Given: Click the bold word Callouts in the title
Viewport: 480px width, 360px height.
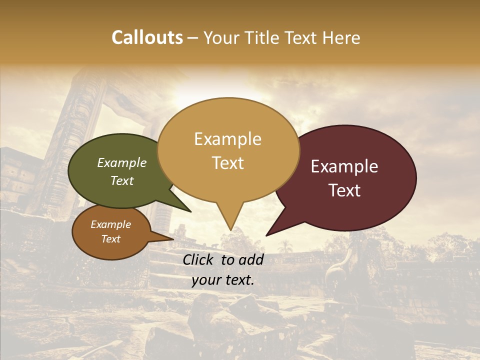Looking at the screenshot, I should coord(147,37).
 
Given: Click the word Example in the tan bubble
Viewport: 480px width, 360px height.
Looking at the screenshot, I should coord(227,139).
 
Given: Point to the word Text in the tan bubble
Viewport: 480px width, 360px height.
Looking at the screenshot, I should coord(227,163).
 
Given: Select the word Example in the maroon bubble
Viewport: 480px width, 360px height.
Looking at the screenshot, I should coord(344,166).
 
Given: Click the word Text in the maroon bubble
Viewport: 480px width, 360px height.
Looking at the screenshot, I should coord(345,190).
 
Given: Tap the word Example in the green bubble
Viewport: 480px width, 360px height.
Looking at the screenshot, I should coord(121,162).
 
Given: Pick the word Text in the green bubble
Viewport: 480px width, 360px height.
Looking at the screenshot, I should coord(122,180).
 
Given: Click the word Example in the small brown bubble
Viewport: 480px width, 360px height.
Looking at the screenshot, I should coord(110,224).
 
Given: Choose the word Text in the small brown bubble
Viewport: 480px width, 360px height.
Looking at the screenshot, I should coord(110,239).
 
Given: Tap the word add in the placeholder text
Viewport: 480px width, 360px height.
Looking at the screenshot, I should coord(252,259).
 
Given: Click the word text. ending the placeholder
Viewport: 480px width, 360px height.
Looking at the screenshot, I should coord(238,280).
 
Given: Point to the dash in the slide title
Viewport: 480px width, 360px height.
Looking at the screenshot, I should coord(193,38).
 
